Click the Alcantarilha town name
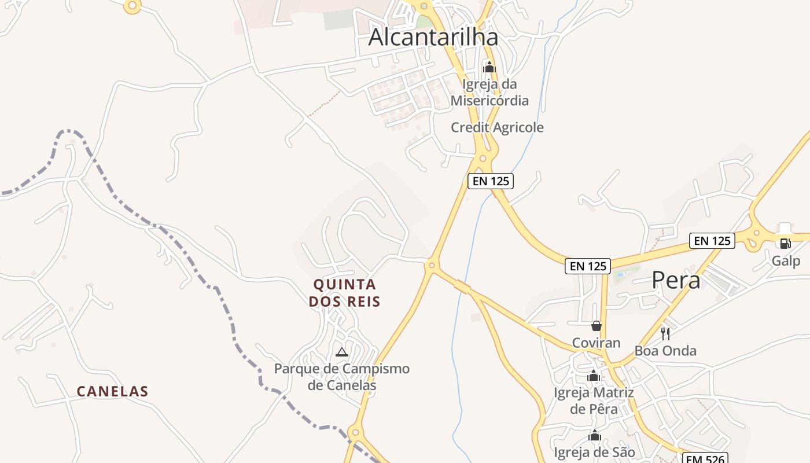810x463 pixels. pyautogui.click(x=433, y=37)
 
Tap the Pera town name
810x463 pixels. pyautogui.click(x=676, y=280)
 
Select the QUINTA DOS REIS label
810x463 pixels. pyautogui.click(x=345, y=293)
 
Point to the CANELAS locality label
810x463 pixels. pyautogui.click(x=113, y=392)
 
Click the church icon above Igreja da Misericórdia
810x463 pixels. pyautogui.click(x=489, y=67)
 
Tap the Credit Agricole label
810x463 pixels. pyautogui.click(x=497, y=127)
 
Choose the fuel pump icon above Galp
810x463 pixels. pyautogui.click(x=785, y=244)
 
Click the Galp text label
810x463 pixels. pyautogui.click(x=786, y=261)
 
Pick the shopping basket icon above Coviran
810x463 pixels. pyautogui.click(x=597, y=326)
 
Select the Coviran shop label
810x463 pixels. pyautogui.click(x=596, y=343)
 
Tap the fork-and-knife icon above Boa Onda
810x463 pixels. pyautogui.click(x=665, y=333)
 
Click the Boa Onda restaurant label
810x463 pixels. pyautogui.click(x=665, y=351)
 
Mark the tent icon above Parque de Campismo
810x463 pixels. pyautogui.click(x=342, y=352)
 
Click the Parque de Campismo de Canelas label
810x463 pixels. pyautogui.click(x=342, y=377)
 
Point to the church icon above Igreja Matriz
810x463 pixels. pyautogui.click(x=594, y=376)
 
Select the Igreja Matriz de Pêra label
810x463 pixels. pyautogui.click(x=594, y=401)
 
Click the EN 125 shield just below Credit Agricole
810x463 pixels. pyautogui.click(x=491, y=181)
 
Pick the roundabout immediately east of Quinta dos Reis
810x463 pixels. pyautogui.click(x=431, y=266)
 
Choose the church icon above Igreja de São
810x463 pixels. pyautogui.click(x=595, y=436)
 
